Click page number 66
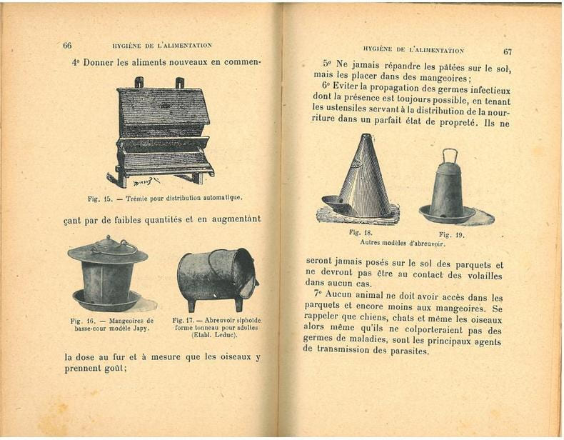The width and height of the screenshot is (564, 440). pyautogui.click(x=67, y=45)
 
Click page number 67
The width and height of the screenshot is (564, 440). pyautogui.click(x=507, y=52)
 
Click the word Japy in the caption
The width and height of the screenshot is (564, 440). pyautogui.click(x=141, y=328)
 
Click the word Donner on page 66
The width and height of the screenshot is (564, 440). pyautogui.click(x=100, y=62)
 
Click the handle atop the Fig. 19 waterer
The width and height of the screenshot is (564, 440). pyautogui.click(x=450, y=156)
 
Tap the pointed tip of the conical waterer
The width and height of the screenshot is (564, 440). pyautogui.click(x=366, y=136)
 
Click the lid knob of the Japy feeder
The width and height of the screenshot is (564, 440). pyautogui.click(x=108, y=239)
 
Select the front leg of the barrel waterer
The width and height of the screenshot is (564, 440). pyautogui.click(x=192, y=304)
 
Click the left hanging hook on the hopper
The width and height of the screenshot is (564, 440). pyautogui.click(x=139, y=82)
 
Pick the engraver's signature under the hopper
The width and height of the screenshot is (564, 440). pyautogui.click(x=146, y=182)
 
